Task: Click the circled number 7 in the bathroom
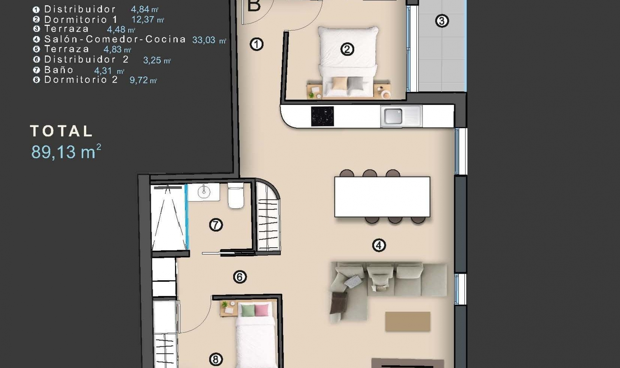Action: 216,225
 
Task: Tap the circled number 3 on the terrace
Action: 442,21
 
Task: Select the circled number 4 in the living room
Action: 379,245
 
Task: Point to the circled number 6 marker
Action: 240,277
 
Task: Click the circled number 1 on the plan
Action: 257,44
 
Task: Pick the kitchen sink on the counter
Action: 394,116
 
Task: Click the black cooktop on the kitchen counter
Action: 322,116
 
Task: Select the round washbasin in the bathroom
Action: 204,192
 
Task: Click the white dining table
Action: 382,197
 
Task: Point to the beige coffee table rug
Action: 408,321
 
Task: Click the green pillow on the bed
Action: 248,311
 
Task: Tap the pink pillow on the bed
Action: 262,311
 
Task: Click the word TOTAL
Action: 61,131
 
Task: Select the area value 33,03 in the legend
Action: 204,40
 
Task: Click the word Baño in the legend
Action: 59,70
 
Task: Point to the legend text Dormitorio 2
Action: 81,80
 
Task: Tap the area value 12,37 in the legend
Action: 143,19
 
